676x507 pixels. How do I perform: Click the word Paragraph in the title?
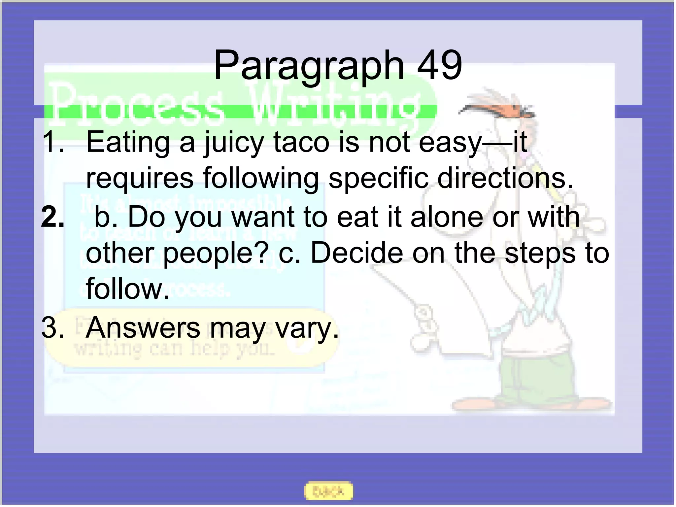pyautogui.click(x=309, y=66)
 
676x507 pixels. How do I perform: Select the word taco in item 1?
pyautogui.click(x=301, y=142)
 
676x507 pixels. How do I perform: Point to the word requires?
pyautogui.click(x=140, y=179)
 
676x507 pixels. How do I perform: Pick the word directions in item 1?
pyautogui.click(x=505, y=179)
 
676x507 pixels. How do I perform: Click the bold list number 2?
pyautogui.click(x=52, y=217)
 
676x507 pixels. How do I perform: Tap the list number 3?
pyautogui.click(x=52, y=328)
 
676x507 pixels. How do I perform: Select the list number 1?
pyautogui.click(x=52, y=142)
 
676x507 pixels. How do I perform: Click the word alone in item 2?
pyautogui.click(x=447, y=217)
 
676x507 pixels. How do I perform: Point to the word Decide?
pyautogui.click(x=357, y=253)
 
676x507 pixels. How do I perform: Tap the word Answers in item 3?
pyautogui.click(x=143, y=328)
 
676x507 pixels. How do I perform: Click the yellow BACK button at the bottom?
pyautogui.click(x=328, y=491)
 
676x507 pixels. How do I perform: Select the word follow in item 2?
pyautogui.click(x=127, y=289)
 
